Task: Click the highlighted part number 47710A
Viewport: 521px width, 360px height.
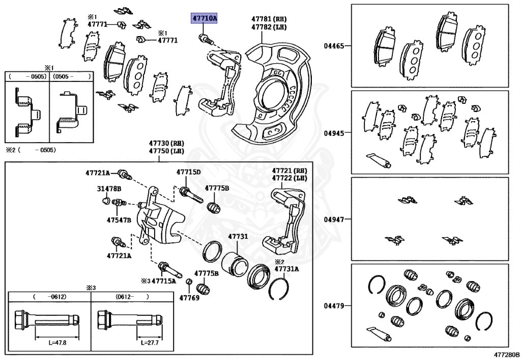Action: point(204,19)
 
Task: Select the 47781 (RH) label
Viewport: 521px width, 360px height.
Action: point(269,18)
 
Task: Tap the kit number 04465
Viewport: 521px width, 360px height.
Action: point(334,46)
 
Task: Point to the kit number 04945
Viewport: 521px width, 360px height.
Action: point(334,133)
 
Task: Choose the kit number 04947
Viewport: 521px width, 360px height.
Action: point(334,219)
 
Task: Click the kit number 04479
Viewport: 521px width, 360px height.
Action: point(334,306)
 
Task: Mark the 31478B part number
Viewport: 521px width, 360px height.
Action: point(109,188)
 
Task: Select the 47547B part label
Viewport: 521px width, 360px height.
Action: point(119,220)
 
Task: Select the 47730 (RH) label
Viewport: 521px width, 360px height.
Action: point(166,144)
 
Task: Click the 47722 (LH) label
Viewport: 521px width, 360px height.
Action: point(289,178)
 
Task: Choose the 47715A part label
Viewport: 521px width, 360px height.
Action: point(163,281)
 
